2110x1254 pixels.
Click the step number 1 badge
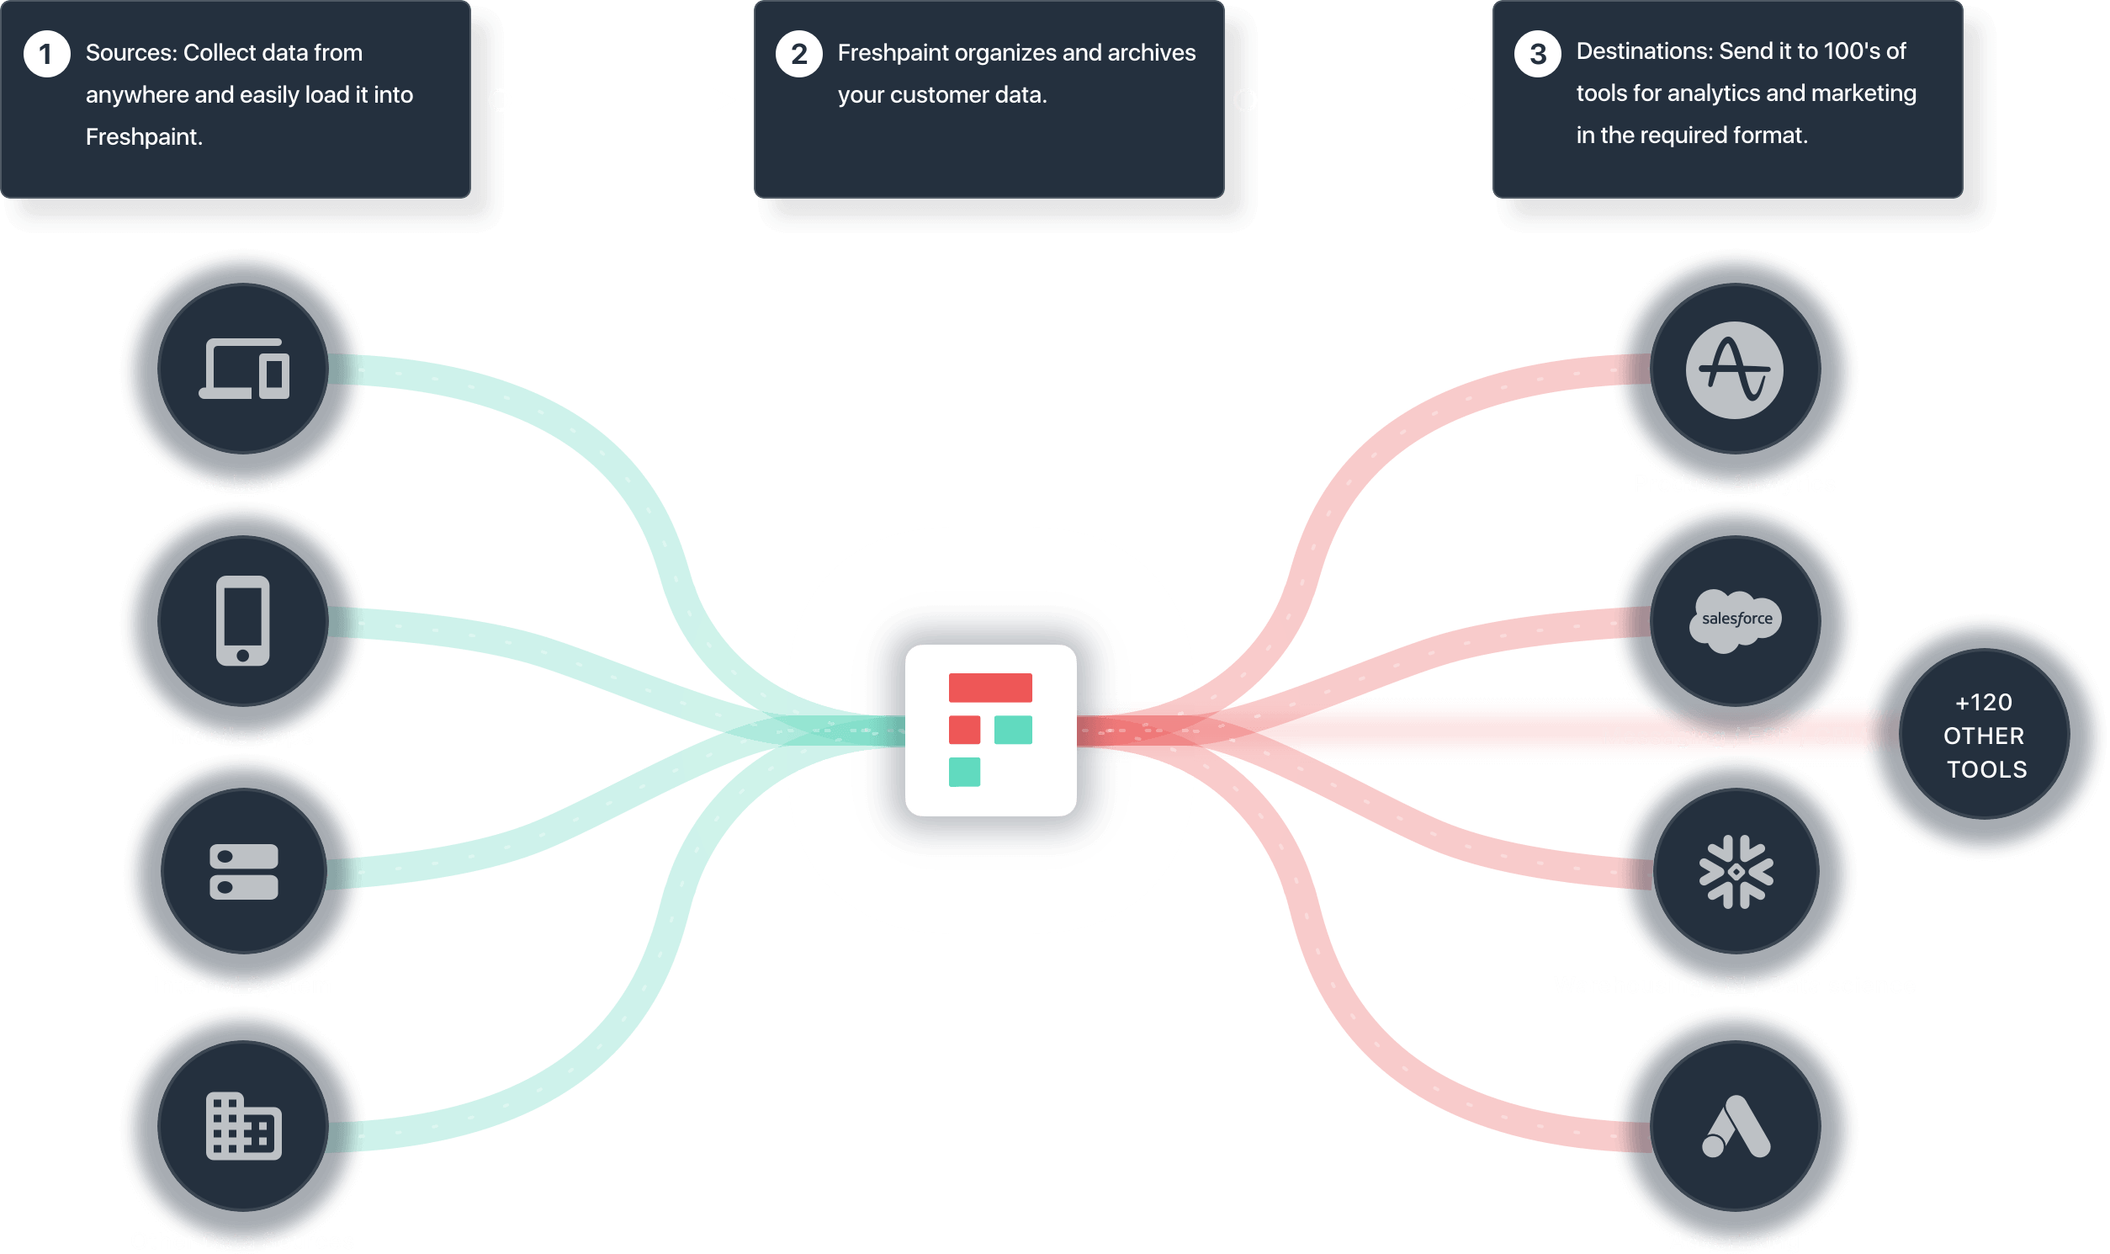[46, 54]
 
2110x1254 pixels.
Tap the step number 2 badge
[798, 54]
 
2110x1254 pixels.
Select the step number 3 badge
[1537, 54]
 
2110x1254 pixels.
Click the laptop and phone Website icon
[244, 369]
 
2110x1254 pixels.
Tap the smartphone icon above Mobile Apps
[242, 620]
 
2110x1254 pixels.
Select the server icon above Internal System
[243, 871]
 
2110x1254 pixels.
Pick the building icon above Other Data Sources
[243, 1126]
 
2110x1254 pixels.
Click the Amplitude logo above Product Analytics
[1734, 370]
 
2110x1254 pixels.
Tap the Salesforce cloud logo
[1736, 620]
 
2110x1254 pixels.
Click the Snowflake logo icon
[1736, 871]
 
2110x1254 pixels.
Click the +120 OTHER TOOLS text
[1984, 736]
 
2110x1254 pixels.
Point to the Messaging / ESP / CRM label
[1734, 736]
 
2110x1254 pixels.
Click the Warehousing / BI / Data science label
[1734, 986]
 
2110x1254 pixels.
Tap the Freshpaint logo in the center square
[990, 730]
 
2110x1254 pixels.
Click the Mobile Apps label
[242, 736]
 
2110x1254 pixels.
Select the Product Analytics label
[1734, 483]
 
